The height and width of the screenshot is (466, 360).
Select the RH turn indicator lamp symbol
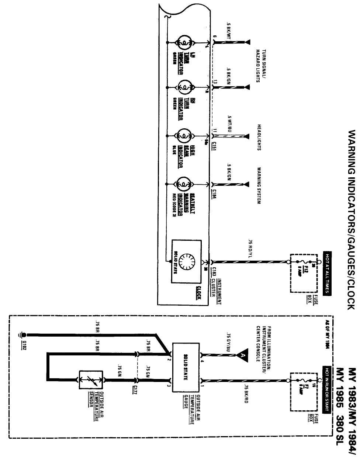click(183, 87)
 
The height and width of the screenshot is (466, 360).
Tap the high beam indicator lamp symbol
click(183, 135)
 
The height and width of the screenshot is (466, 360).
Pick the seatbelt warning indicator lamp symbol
click(183, 183)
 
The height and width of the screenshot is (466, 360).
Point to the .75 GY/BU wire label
click(228, 342)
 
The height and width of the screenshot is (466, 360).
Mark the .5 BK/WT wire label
click(229, 32)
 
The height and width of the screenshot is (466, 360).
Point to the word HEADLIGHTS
click(259, 137)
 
